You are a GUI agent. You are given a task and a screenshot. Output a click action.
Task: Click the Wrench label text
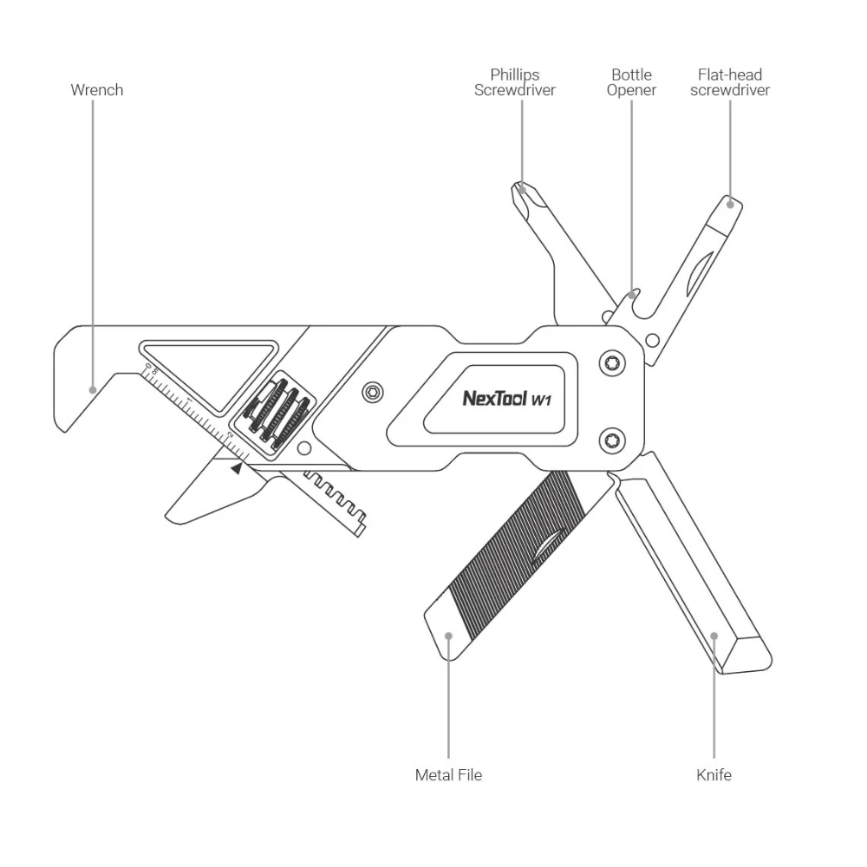point(97,90)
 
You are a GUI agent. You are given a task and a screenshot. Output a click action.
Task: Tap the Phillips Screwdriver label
point(515,82)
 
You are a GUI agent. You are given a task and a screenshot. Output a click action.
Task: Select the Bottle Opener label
point(631,82)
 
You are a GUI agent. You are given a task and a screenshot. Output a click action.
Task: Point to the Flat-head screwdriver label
point(730,82)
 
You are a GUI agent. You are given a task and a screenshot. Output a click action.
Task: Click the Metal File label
point(448,774)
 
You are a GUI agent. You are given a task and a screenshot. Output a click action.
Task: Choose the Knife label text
point(714,774)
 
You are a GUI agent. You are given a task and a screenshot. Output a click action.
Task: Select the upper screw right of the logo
point(614,363)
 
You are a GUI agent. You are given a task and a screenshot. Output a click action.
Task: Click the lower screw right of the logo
point(614,440)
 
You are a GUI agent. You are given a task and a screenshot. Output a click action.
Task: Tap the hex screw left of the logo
point(374,392)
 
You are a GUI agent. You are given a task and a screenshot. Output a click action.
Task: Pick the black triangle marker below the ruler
point(237,468)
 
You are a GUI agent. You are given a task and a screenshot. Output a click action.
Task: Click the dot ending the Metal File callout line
point(448,636)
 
